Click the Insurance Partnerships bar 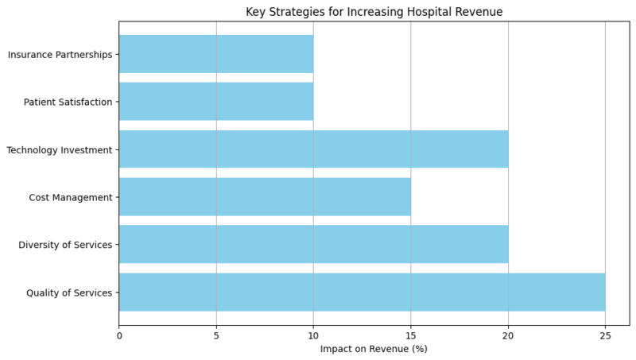pyautogui.click(x=216, y=54)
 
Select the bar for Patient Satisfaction pyautogui.click(x=216, y=102)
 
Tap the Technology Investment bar pyautogui.click(x=313, y=149)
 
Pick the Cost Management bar pyautogui.click(x=265, y=197)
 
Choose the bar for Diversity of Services pyautogui.click(x=313, y=245)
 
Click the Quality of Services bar pyautogui.click(x=362, y=292)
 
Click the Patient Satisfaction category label pyautogui.click(x=68, y=103)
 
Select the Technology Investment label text pyautogui.click(x=59, y=150)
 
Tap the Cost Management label pyautogui.click(x=70, y=198)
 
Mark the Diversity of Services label pyautogui.click(x=65, y=246)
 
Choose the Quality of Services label pyautogui.click(x=69, y=293)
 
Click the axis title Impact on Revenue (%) pyautogui.click(x=374, y=350)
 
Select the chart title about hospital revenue pyautogui.click(x=374, y=11)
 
